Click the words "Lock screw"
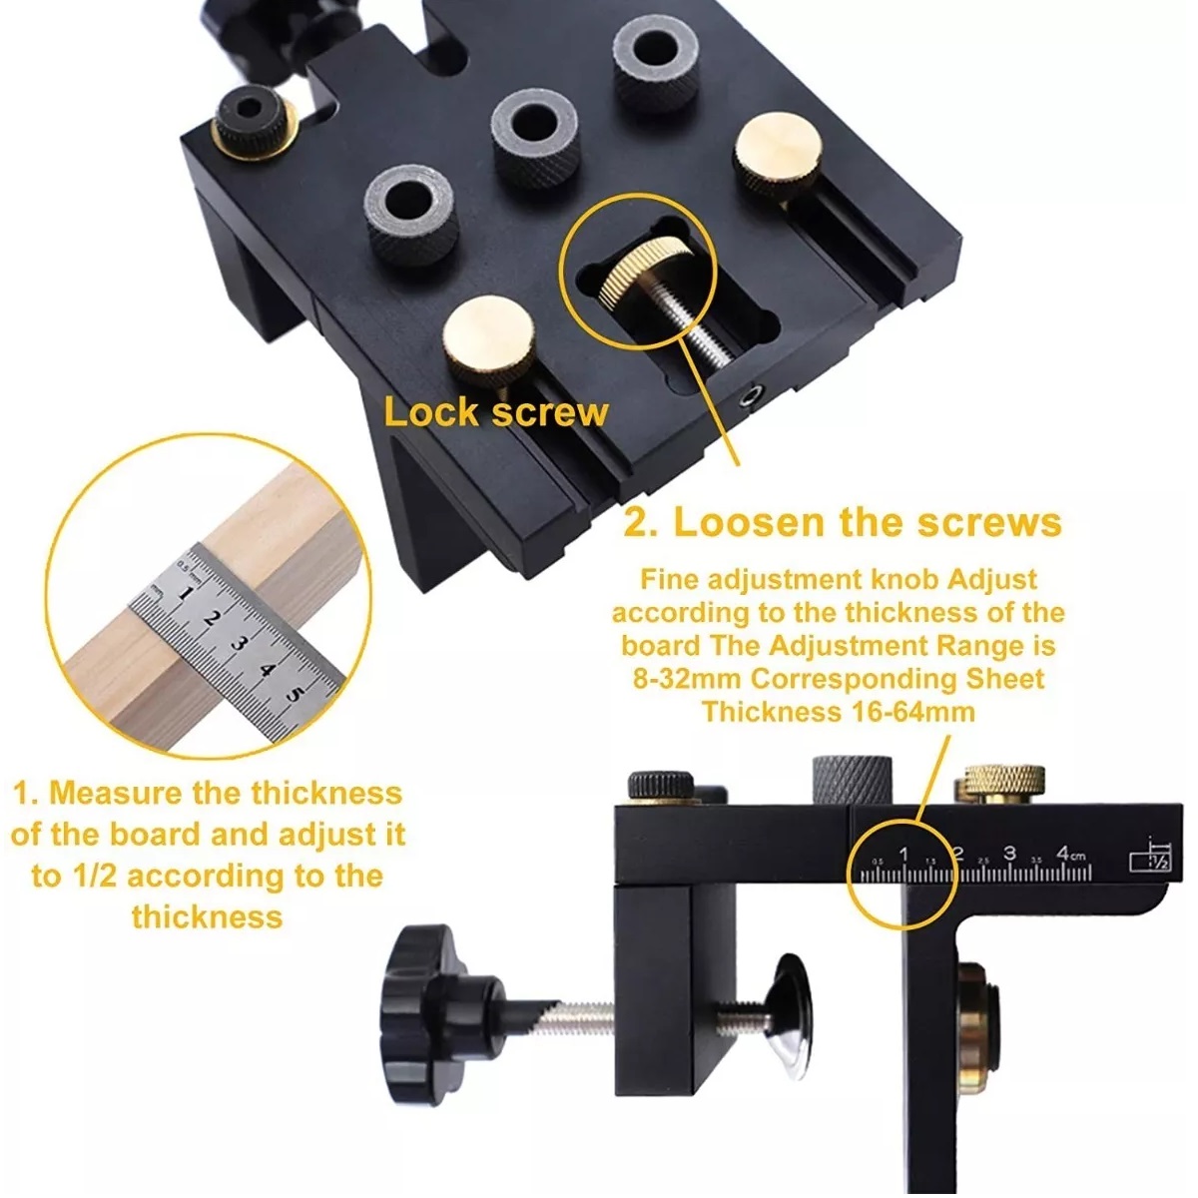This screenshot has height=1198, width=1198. tap(495, 412)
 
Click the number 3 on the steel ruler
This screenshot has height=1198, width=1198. tap(237, 644)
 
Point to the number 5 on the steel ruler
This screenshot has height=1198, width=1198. tap(295, 693)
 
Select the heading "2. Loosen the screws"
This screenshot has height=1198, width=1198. tap(843, 523)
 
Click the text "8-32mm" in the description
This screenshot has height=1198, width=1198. tap(687, 679)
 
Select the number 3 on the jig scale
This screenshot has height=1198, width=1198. tap(1010, 853)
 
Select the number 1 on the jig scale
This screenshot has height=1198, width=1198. tap(903, 855)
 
